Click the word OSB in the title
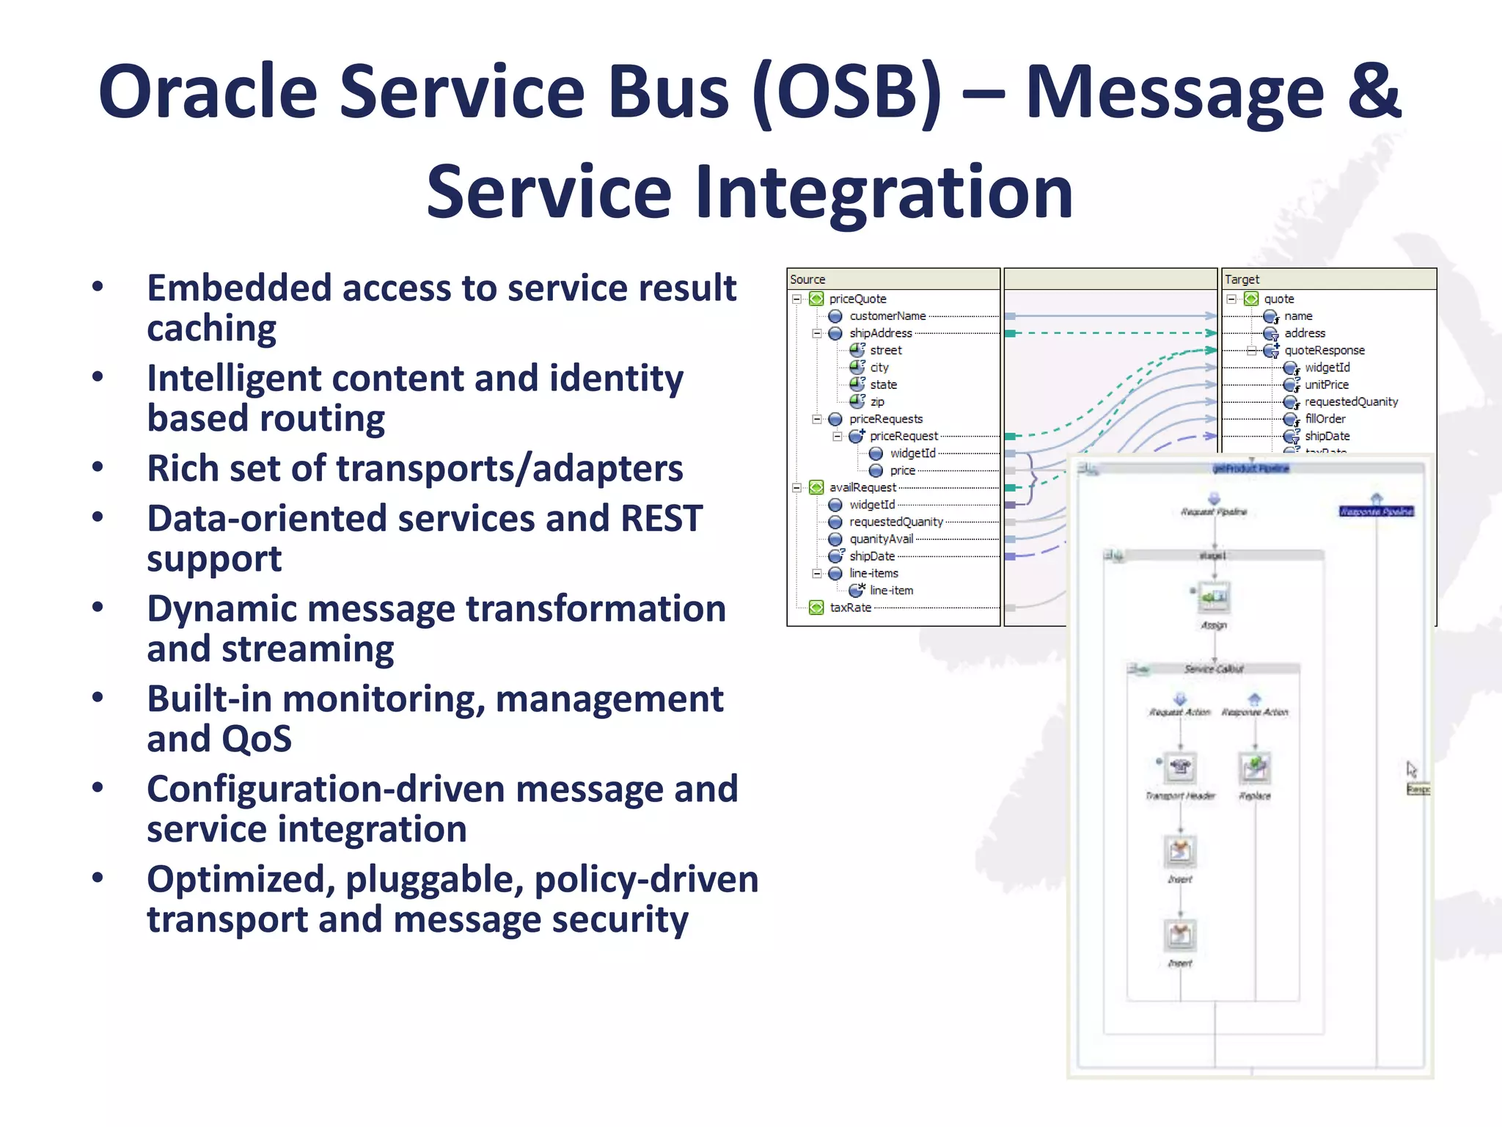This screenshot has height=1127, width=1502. [x=846, y=92]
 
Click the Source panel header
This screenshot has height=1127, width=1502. [x=807, y=280]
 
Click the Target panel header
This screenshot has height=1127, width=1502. [x=1242, y=280]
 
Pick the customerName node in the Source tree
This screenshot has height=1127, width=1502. [x=887, y=316]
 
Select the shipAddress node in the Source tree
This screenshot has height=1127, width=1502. [x=880, y=333]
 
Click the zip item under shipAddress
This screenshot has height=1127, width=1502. [x=877, y=402]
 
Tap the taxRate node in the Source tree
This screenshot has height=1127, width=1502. [x=850, y=608]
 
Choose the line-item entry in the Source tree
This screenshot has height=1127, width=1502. [x=891, y=591]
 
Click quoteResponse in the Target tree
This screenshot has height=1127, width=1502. [x=1324, y=351]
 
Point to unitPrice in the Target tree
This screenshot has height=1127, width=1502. [x=1326, y=384]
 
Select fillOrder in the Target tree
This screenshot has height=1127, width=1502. [x=1325, y=419]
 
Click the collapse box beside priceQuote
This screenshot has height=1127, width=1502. [x=796, y=299]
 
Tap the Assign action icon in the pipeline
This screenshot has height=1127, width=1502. [x=1214, y=597]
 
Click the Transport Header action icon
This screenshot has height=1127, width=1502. [x=1180, y=767]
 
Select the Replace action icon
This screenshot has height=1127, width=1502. [x=1255, y=767]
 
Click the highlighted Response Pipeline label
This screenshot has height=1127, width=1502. [x=1376, y=511]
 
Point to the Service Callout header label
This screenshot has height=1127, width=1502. [x=1214, y=668]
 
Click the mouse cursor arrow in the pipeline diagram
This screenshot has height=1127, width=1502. [x=1411, y=768]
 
